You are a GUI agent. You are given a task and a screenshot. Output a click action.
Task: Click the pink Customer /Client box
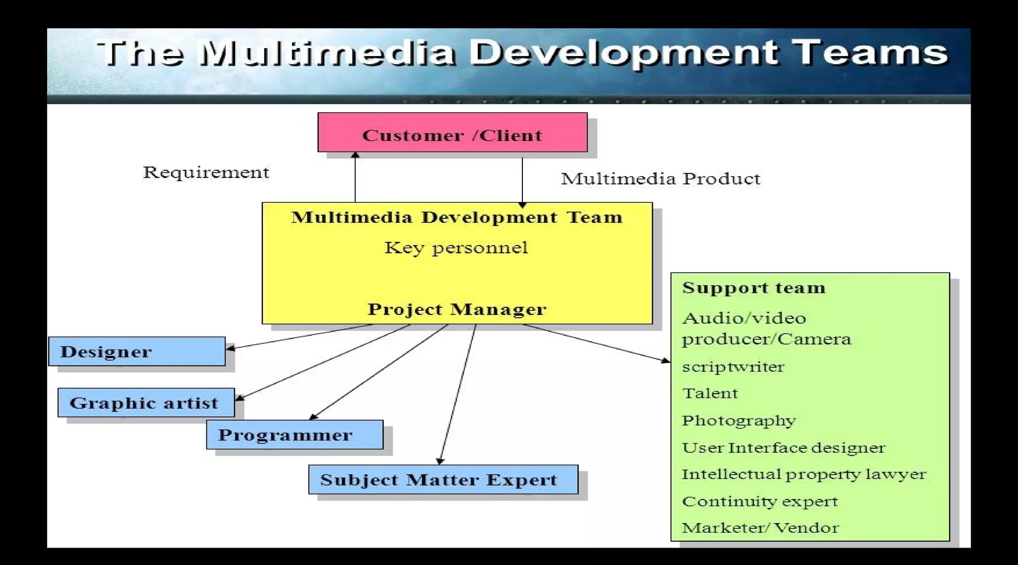click(x=452, y=133)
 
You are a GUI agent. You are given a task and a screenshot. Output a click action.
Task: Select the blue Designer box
click(x=137, y=352)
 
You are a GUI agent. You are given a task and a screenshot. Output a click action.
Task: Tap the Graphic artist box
click(x=146, y=403)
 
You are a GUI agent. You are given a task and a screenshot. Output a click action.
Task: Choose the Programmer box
click(x=294, y=435)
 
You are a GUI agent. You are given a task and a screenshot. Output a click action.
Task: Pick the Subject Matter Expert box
click(x=443, y=480)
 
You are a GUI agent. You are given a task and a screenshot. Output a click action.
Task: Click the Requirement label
click(x=206, y=172)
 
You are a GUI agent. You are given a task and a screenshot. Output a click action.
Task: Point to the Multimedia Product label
click(x=660, y=179)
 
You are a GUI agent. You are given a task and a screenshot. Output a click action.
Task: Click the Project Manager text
click(x=457, y=309)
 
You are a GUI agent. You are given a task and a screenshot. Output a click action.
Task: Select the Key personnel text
click(x=456, y=247)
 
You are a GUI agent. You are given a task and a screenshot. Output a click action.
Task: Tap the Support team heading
click(x=754, y=288)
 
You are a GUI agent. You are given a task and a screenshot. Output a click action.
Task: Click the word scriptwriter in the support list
click(x=733, y=367)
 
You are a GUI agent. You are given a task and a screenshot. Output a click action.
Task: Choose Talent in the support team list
click(x=710, y=393)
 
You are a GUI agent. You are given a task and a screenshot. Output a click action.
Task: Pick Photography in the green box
click(x=739, y=421)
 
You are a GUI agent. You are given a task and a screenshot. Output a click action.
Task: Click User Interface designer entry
click(x=783, y=448)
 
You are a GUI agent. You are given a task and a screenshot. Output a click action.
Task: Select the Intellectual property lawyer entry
click(x=803, y=474)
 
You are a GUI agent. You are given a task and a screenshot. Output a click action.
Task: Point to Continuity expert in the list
click(x=760, y=501)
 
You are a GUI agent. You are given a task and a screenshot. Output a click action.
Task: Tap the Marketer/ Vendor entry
click(x=760, y=528)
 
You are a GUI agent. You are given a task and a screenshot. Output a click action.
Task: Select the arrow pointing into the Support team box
click(x=596, y=343)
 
